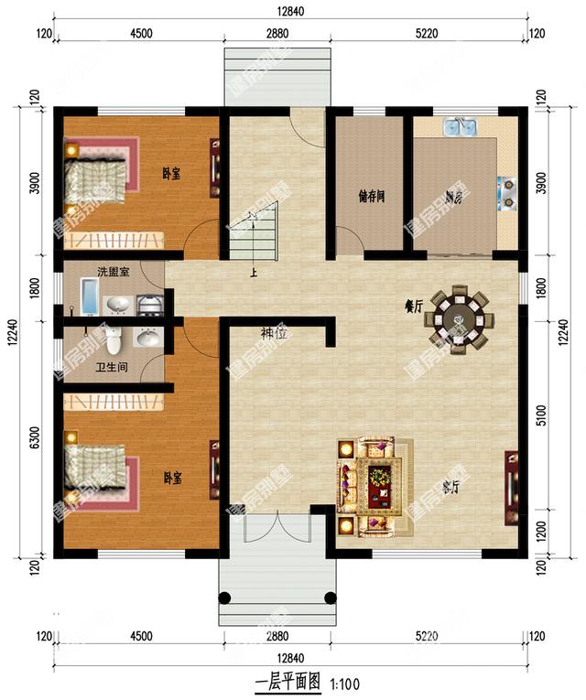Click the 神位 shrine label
[273, 335]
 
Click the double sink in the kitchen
[459, 126]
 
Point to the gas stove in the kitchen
[507, 193]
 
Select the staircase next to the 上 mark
[254, 233]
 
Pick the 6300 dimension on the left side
[35, 438]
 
